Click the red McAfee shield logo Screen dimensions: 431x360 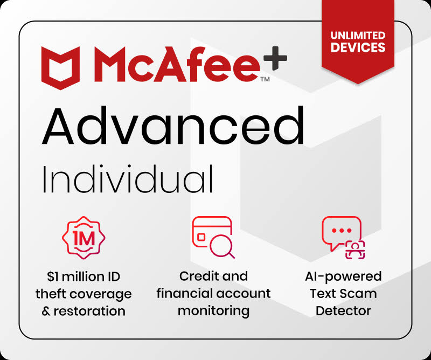click(x=60, y=68)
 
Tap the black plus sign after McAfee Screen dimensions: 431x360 click(x=275, y=58)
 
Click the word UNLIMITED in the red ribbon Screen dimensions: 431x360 click(x=358, y=36)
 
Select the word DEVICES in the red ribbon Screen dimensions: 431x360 click(x=358, y=47)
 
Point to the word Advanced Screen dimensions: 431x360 click(x=173, y=126)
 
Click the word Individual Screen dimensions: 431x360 click(x=128, y=179)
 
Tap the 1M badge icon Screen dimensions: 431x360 click(x=84, y=238)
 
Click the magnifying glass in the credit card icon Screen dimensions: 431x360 click(x=221, y=246)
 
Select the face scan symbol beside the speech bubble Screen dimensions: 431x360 click(x=355, y=250)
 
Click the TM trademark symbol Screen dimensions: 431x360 click(x=265, y=79)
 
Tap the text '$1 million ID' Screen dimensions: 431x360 click(x=84, y=276)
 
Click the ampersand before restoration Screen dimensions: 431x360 click(x=46, y=311)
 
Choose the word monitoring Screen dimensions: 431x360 click(x=213, y=311)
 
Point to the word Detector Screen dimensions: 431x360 click(x=343, y=311)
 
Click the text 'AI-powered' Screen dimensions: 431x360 click(x=343, y=276)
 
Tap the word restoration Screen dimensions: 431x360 click(x=89, y=311)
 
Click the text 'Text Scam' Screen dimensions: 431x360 click(x=343, y=294)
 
